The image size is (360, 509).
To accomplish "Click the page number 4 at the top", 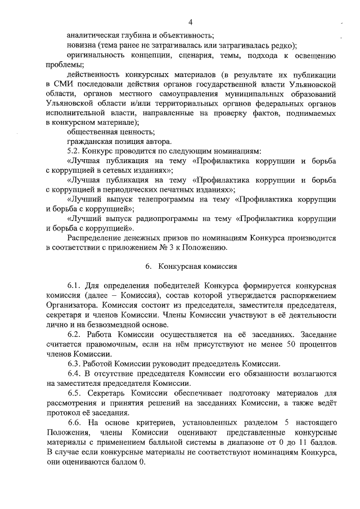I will click(191, 22).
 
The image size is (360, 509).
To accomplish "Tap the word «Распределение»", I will click(93, 238).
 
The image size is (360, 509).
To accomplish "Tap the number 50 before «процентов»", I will click(284, 344).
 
